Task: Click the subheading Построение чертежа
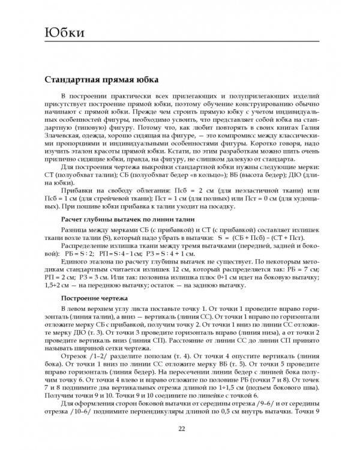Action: (x=95, y=296)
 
